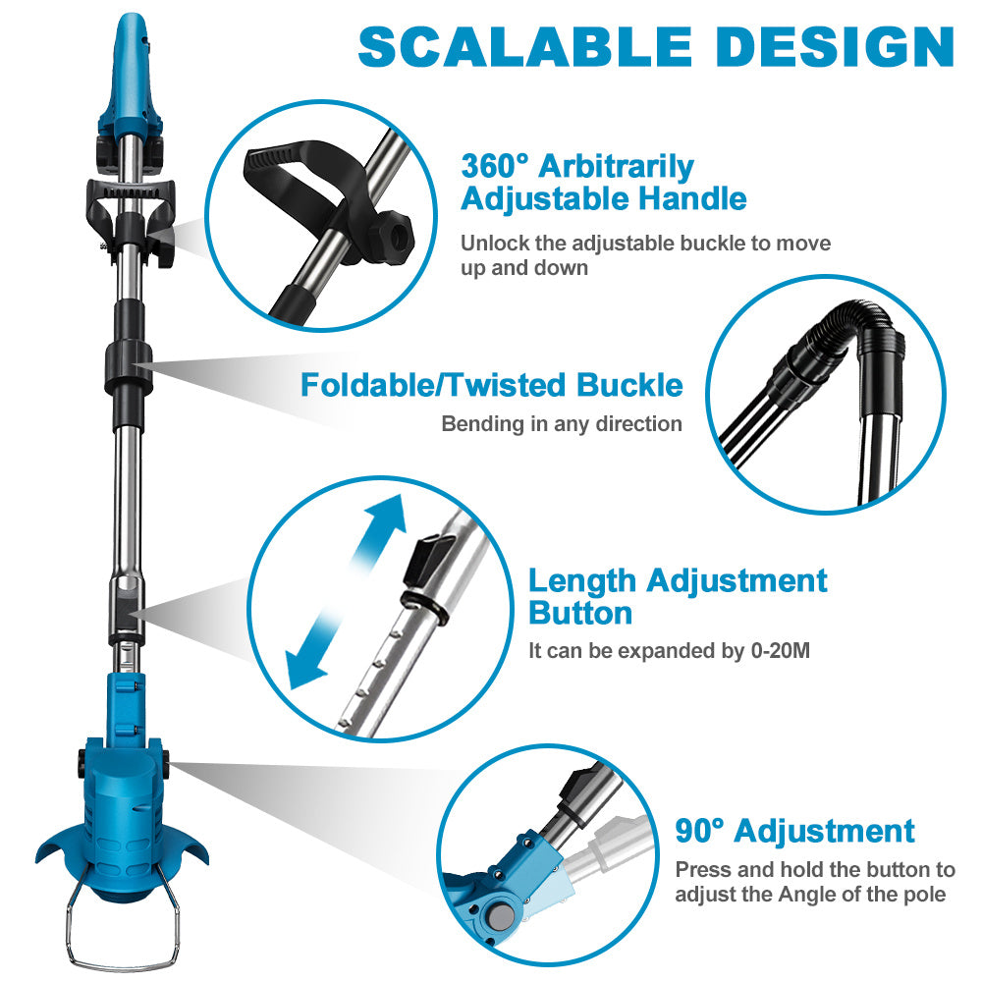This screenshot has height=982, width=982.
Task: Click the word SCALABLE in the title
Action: pos(524,47)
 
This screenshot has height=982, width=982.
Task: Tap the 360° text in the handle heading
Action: pos(495,167)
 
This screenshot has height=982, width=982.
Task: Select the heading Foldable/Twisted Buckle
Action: pos(492,385)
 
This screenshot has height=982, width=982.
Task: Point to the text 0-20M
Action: pos(781,651)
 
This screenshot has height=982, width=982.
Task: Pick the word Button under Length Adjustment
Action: pos(580,613)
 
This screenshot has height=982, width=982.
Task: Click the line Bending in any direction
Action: pos(562,424)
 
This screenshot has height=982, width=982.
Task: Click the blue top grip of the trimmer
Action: pos(131,76)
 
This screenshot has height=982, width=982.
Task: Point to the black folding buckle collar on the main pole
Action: pos(129,368)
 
